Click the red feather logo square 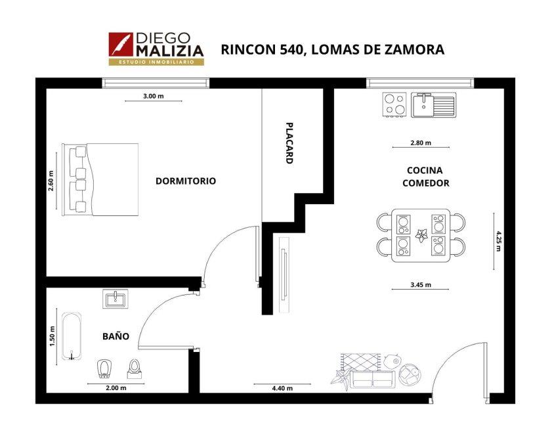121,44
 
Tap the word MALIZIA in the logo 170,51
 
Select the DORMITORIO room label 186,181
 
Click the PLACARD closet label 289,143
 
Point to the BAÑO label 116,336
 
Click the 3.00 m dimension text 154,96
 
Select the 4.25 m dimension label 497,241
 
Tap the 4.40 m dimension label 282,388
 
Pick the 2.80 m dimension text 421,143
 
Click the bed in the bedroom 100,179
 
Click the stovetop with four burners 394,104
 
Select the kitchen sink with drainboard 434,104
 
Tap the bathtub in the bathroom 72,336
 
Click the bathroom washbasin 115,299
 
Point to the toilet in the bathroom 135,369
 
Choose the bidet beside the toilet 104,370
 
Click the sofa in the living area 373,380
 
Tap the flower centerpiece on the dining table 421,234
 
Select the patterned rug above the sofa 361,362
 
